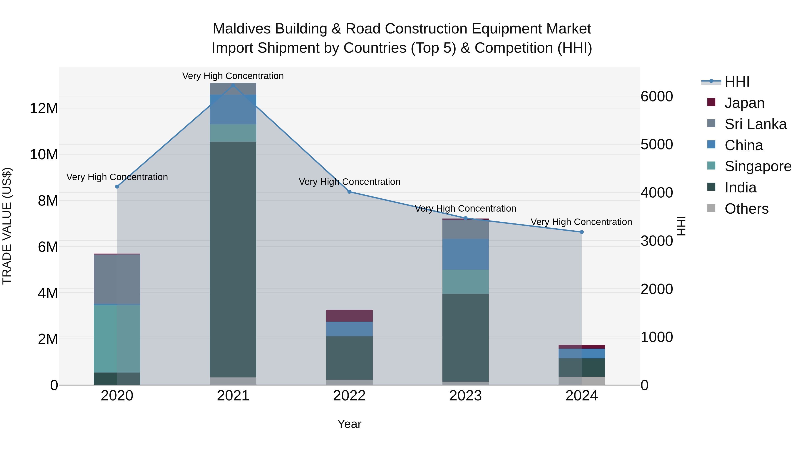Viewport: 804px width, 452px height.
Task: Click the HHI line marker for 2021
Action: coord(233,85)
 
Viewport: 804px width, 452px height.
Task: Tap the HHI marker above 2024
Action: coord(582,232)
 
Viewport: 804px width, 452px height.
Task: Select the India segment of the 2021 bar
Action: coord(233,259)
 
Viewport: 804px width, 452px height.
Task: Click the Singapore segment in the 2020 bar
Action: coord(117,338)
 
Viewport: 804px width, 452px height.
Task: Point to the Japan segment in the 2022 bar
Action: coord(349,316)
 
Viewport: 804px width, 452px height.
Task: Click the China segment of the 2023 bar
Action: coord(465,254)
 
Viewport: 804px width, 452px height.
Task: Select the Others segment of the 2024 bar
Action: coord(582,381)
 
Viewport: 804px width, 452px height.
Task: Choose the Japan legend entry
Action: coord(744,103)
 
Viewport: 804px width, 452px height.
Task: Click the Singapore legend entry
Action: coord(758,166)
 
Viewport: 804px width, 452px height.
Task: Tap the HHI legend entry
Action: coord(737,82)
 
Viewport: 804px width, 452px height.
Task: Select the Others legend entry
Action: coord(746,209)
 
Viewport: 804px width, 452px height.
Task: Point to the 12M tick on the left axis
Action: coord(44,108)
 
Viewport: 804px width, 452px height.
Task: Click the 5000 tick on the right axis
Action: coord(657,144)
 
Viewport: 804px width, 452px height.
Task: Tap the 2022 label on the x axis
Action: coord(349,396)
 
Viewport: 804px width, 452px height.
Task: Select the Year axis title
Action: coord(349,424)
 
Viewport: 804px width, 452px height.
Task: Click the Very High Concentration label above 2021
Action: coord(233,76)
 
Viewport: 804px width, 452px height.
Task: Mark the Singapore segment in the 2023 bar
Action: coord(465,281)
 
